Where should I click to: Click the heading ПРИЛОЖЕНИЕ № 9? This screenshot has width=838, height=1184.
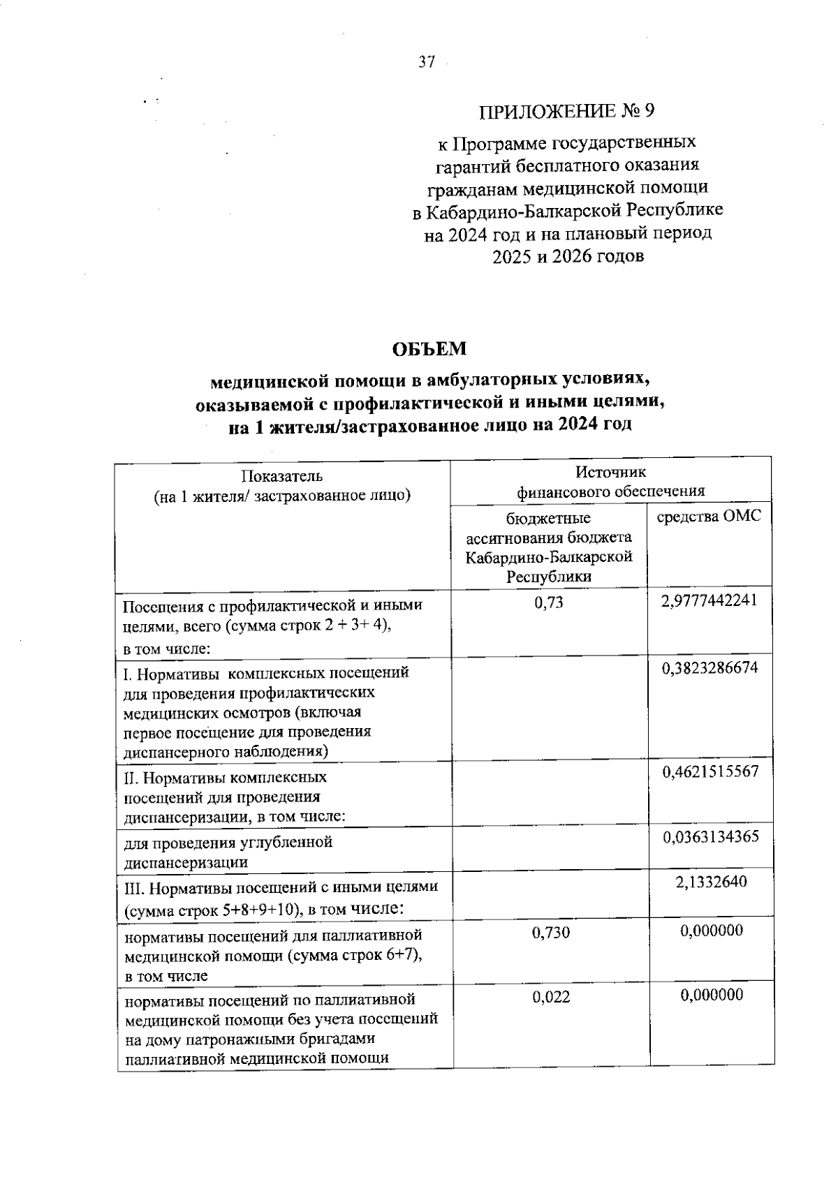tap(568, 112)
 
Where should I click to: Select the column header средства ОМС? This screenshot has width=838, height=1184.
tap(710, 517)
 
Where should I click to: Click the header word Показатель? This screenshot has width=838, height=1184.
tap(282, 477)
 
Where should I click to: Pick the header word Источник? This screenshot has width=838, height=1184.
tap(610, 473)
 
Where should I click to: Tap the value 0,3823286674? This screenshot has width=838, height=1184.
tap(710, 668)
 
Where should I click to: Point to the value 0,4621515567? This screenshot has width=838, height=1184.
tap(710, 772)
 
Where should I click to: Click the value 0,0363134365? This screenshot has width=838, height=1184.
tap(710, 836)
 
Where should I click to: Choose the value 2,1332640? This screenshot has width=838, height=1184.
tap(711, 882)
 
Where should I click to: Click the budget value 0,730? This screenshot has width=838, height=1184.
tap(550, 932)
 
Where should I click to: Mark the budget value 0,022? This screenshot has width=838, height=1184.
tap(550, 997)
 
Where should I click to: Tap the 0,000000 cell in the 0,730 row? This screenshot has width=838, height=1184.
tap(711, 931)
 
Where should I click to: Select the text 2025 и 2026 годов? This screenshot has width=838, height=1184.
tap(568, 256)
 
